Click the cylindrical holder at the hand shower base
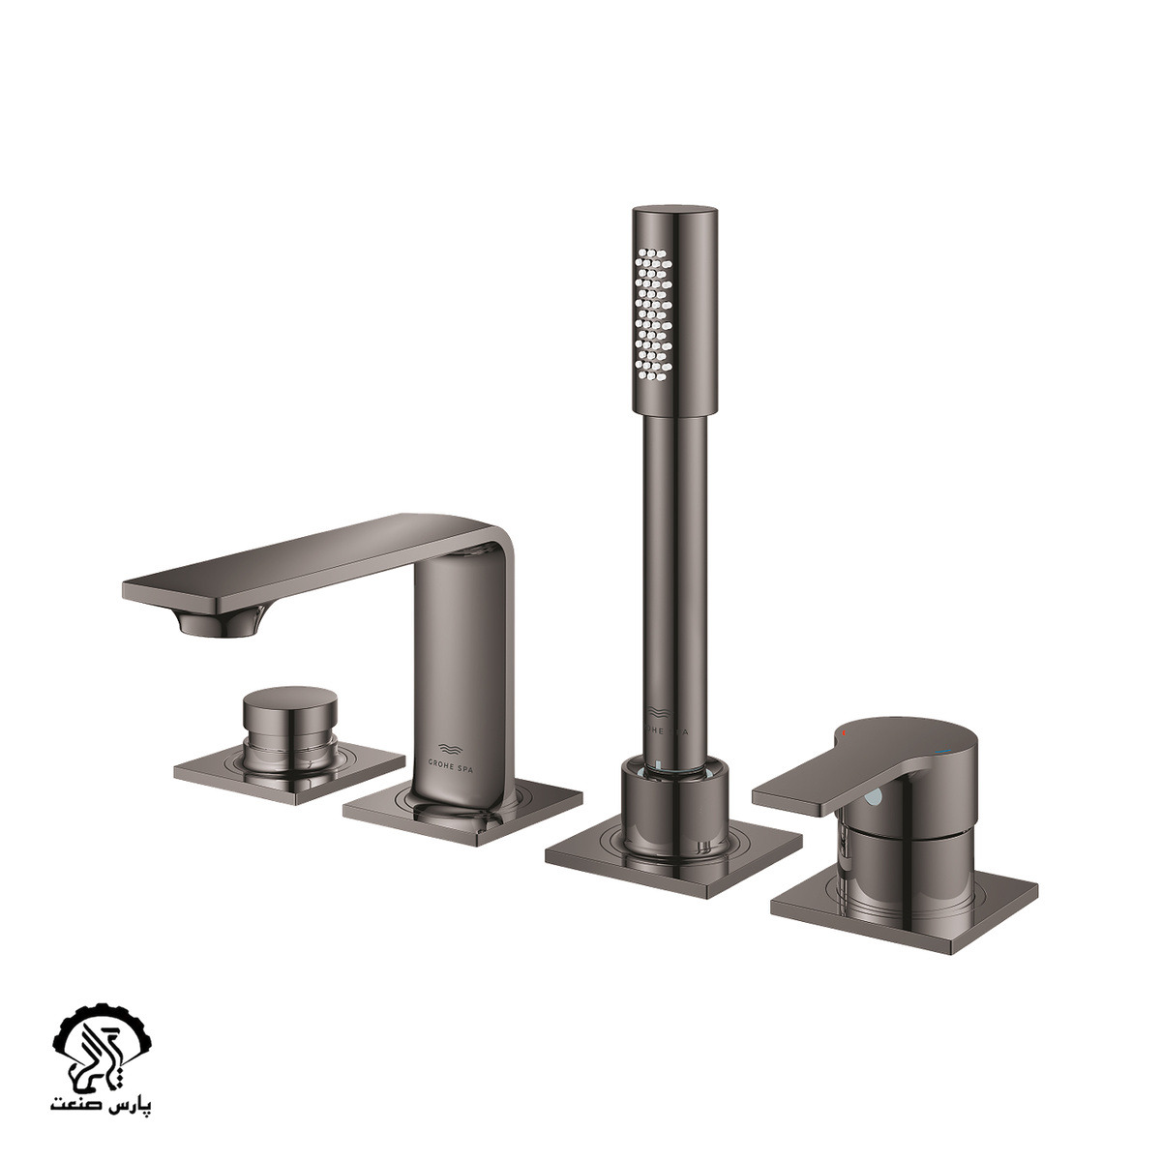click(x=674, y=807)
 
